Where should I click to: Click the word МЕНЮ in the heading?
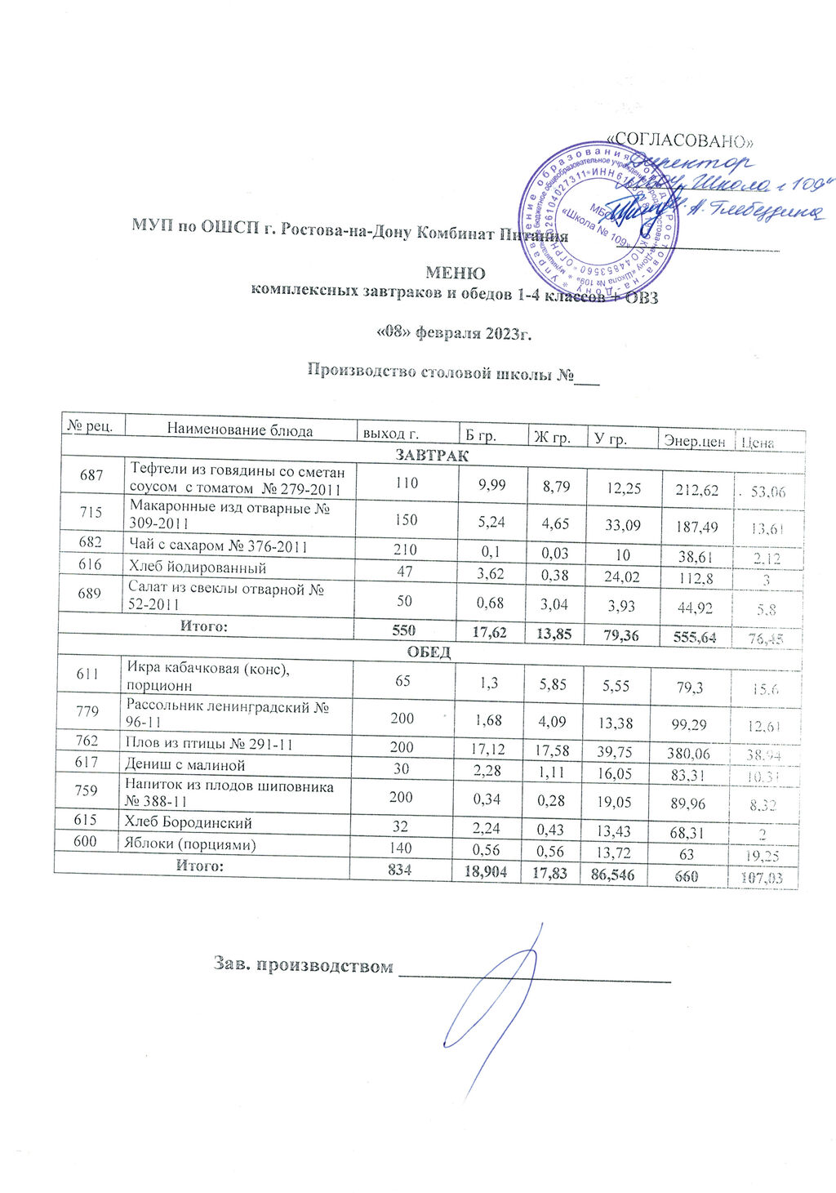coord(456,273)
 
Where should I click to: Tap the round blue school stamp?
coord(601,217)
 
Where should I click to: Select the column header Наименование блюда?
coord(240,430)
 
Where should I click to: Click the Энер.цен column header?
coord(695,441)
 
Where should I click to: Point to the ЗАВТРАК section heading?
coord(432,455)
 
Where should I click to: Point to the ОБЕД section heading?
coord(429,652)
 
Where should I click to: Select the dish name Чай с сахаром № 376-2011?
coord(219,546)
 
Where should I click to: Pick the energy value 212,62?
coord(696,490)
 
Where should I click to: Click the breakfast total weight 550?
coord(402,630)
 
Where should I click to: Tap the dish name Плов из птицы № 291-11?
coord(208,744)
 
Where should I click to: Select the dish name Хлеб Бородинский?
coord(188,822)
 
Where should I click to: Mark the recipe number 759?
coord(87,790)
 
